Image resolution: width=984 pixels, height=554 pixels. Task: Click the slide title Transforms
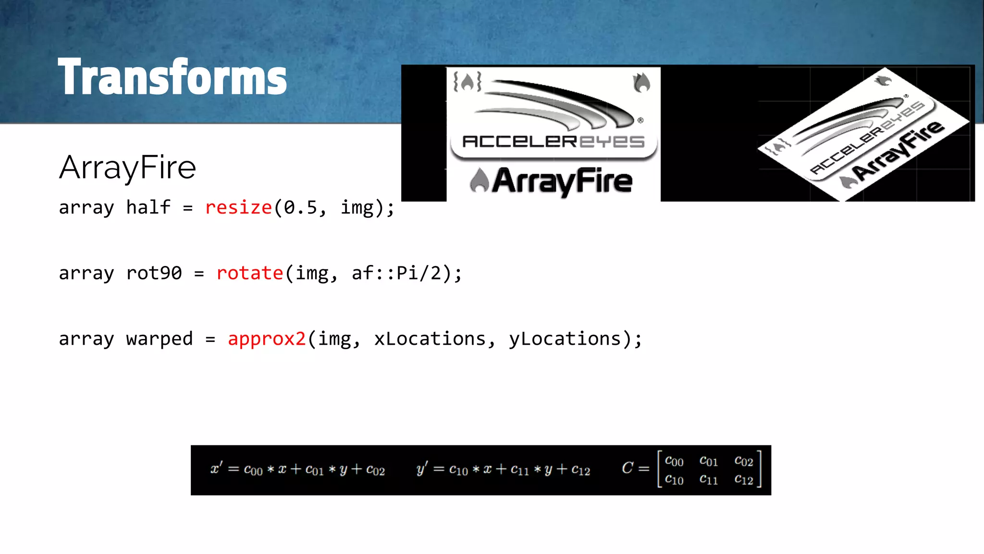tap(172, 77)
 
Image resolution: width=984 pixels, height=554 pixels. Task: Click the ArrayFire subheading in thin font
tap(127, 167)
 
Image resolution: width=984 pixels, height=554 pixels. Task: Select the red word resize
tap(238, 208)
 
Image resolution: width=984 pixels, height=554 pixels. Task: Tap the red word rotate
tap(249, 273)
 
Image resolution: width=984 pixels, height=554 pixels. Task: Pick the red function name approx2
tap(267, 339)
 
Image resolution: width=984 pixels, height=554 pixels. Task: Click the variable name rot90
tap(154, 273)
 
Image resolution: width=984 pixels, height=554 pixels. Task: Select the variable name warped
tap(159, 339)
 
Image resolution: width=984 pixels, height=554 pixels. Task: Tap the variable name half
tap(148, 208)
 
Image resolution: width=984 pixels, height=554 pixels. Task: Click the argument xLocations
tap(430, 339)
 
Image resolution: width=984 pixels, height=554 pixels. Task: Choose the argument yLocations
tap(565, 339)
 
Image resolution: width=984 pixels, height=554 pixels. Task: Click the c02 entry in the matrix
tap(744, 461)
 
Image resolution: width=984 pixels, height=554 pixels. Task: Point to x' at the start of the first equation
tap(216, 468)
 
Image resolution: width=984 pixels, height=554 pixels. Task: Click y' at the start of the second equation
tap(422, 468)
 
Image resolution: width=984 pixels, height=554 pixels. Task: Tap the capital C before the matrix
tap(627, 467)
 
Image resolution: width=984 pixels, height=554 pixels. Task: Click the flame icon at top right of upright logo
tap(641, 82)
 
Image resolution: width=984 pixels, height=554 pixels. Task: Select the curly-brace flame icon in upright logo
tap(467, 82)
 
